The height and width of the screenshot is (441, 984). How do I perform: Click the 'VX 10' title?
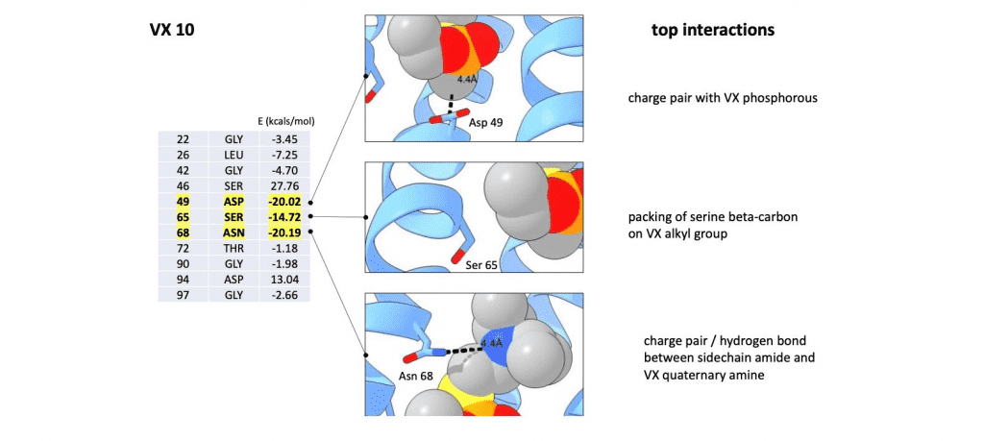click(x=172, y=30)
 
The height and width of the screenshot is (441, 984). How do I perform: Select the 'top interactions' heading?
click(x=713, y=30)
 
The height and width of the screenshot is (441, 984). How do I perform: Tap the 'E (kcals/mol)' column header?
click(x=286, y=122)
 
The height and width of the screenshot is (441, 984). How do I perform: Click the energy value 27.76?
click(x=284, y=185)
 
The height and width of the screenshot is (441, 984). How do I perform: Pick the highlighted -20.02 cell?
click(x=284, y=202)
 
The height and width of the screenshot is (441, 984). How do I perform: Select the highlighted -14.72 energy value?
click(x=284, y=217)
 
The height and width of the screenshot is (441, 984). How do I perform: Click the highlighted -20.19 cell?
click(x=284, y=233)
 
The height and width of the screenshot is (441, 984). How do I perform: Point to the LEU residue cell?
click(x=234, y=155)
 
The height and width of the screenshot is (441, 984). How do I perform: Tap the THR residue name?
click(x=234, y=249)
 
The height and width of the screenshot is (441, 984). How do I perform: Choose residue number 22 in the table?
click(x=183, y=139)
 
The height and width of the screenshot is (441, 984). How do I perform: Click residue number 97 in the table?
click(x=183, y=295)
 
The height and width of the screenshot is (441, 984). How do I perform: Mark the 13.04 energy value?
click(x=284, y=280)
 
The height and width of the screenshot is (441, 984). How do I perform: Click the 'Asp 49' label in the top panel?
click(x=485, y=123)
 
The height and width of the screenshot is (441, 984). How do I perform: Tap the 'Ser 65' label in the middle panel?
click(x=481, y=265)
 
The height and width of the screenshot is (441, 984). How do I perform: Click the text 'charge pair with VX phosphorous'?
click(x=723, y=99)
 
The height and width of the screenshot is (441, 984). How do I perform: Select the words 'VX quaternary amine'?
click(x=704, y=375)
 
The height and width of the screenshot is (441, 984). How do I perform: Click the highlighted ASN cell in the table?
click(x=234, y=233)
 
